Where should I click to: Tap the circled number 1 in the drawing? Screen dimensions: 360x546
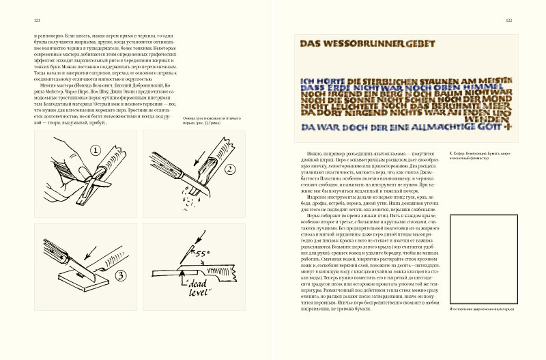pyautogui.click(x=96, y=149)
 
